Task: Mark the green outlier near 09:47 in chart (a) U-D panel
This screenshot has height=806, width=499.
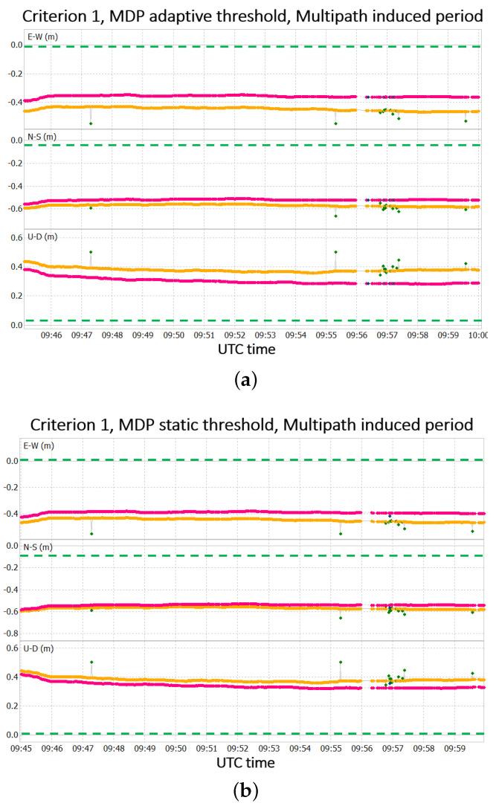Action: pyautogui.click(x=91, y=252)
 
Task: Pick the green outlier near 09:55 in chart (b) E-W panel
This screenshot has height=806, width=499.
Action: pyautogui.click(x=341, y=534)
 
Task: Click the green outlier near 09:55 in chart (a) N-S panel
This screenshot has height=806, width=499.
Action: pyautogui.click(x=336, y=216)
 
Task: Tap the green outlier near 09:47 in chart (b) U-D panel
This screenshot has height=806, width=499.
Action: pyautogui.click(x=91, y=662)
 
